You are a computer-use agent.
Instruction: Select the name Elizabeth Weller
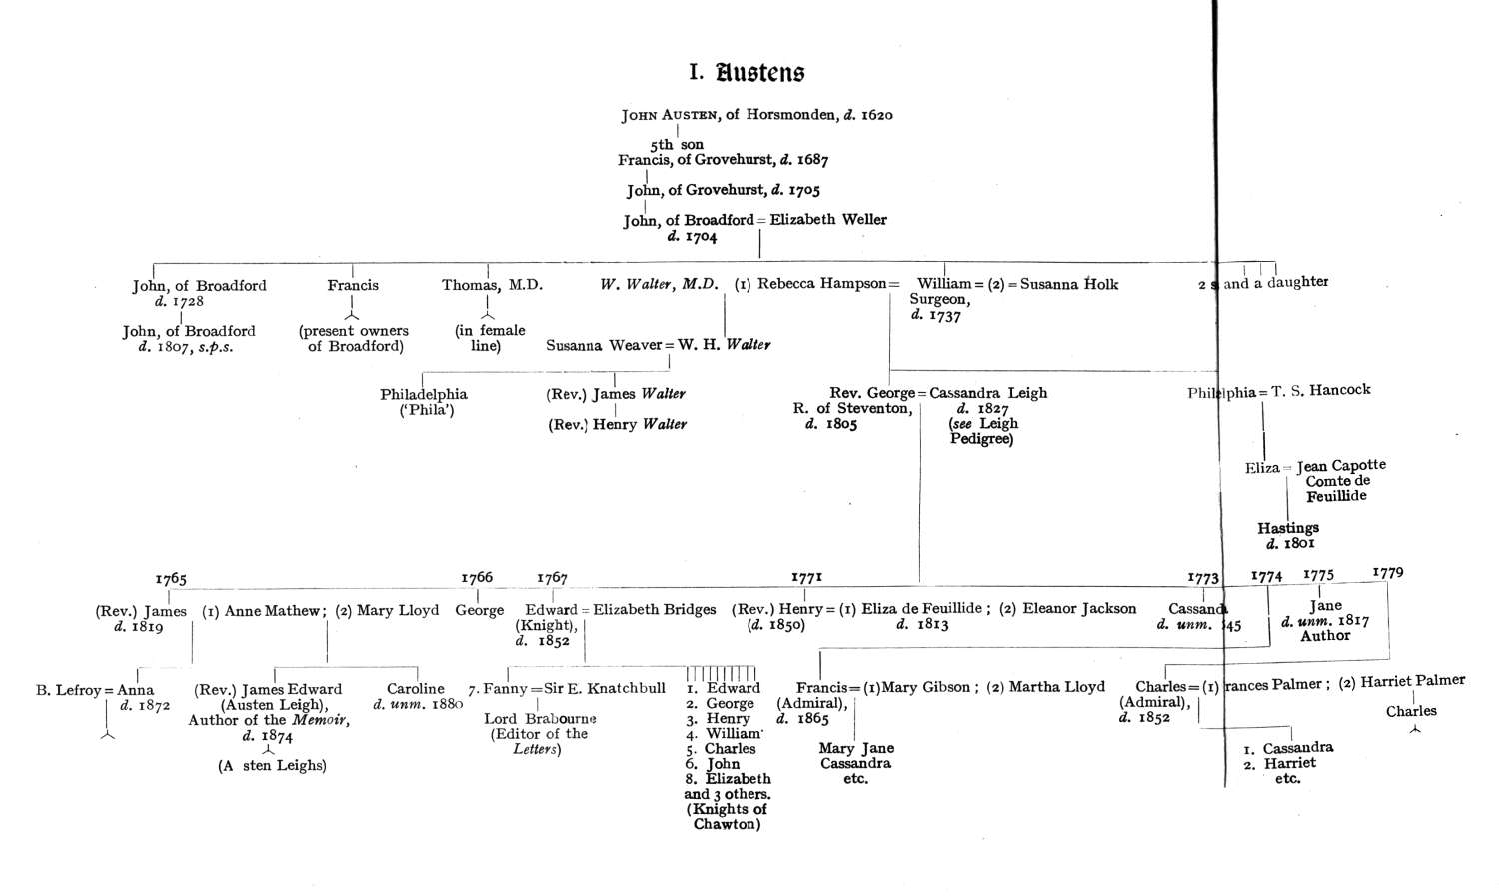(828, 219)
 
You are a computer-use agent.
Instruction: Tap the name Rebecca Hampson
(821, 284)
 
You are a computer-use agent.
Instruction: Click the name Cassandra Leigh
(988, 393)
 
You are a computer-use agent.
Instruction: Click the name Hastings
(1288, 528)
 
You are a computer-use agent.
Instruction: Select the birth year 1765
(171, 579)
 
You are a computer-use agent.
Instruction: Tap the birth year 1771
(806, 577)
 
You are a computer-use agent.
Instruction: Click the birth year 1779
(1388, 573)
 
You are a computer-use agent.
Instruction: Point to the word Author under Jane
(1325, 636)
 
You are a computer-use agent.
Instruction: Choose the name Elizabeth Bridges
(656, 609)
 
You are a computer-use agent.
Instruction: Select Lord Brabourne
(540, 718)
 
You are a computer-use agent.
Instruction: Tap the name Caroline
(416, 689)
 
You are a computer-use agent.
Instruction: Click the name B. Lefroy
(69, 690)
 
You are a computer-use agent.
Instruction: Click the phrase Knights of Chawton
(727, 817)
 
